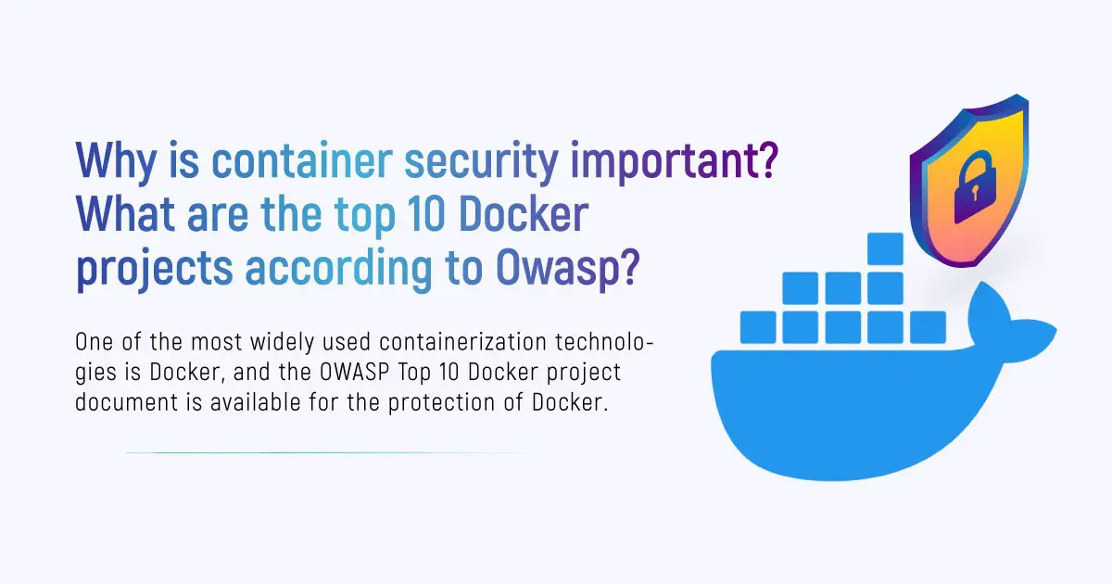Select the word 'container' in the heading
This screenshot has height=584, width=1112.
[302, 159]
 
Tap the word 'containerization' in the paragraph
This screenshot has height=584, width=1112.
[462, 342]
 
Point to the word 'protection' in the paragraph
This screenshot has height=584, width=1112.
[441, 403]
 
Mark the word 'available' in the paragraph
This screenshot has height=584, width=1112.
[255, 401]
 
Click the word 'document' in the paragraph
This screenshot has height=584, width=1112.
[127, 401]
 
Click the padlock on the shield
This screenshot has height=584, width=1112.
[975, 187]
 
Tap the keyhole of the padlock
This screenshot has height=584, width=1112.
[975, 192]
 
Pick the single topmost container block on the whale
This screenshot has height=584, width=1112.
[885, 248]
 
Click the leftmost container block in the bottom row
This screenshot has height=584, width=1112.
[758, 327]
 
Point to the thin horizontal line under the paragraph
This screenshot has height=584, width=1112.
[330, 453]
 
